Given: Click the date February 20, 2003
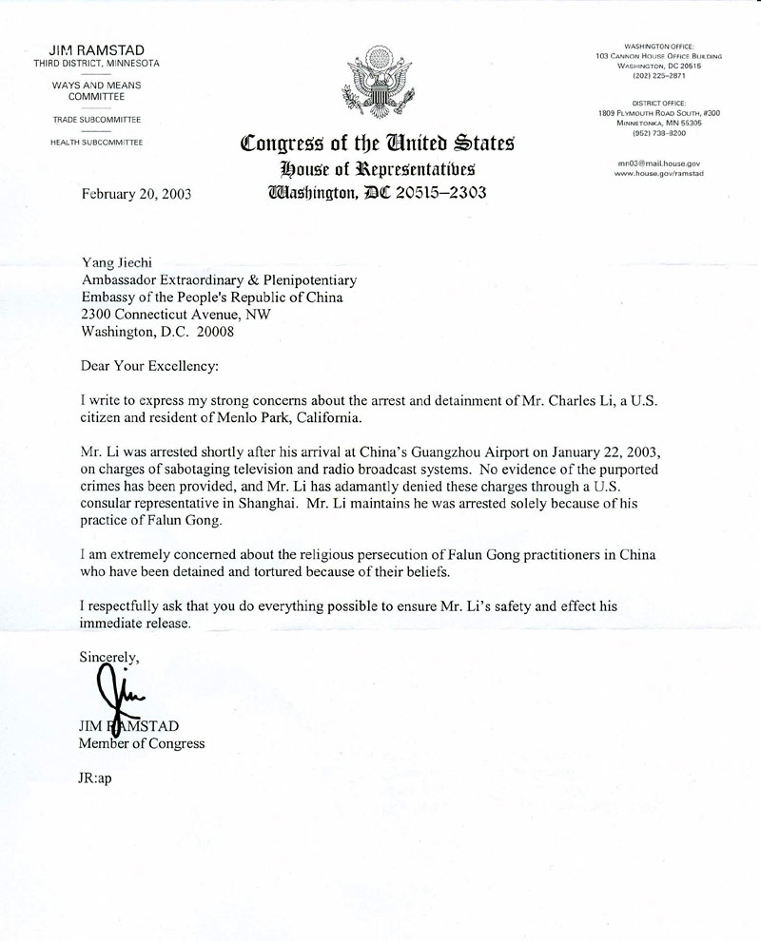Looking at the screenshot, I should pyautogui.click(x=136, y=194).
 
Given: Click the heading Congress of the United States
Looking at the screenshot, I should pyautogui.click(x=378, y=145).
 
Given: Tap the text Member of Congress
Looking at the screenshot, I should pyautogui.click(x=142, y=743).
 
